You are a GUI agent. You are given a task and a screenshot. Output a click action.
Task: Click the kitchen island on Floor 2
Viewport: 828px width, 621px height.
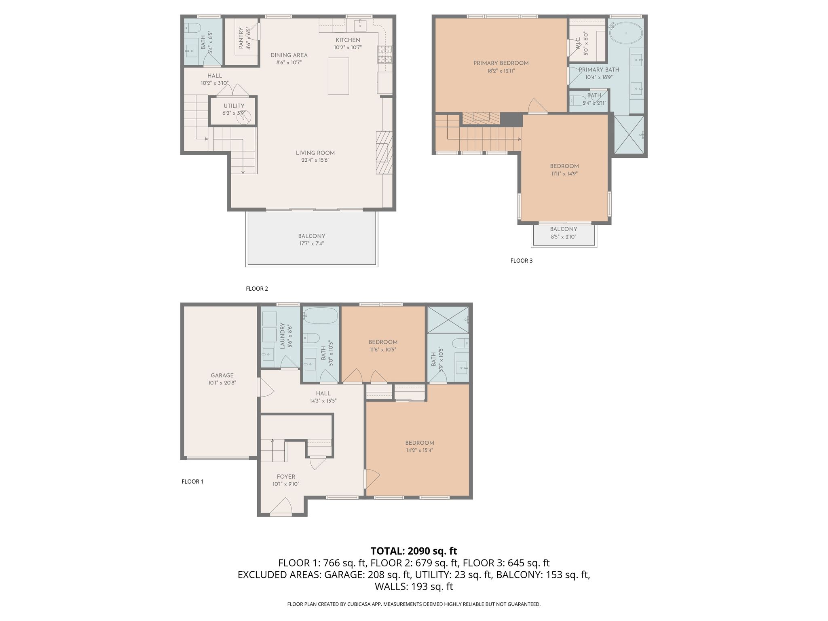pyautogui.click(x=338, y=76)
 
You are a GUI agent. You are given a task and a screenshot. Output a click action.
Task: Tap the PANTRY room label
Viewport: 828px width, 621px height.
pyautogui.click(x=241, y=38)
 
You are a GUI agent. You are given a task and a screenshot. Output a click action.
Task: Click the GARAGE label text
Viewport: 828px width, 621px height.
pyautogui.click(x=222, y=375)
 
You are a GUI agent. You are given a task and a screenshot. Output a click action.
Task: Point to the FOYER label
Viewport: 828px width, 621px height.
pyautogui.click(x=286, y=477)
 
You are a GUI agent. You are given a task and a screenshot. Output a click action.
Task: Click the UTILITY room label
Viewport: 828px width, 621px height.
pyautogui.click(x=234, y=106)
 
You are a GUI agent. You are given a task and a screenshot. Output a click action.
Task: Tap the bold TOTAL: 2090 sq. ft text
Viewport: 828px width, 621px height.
pyautogui.click(x=414, y=551)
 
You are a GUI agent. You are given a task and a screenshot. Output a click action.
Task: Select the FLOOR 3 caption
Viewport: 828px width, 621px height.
pyautogui.click(x=522, y=261)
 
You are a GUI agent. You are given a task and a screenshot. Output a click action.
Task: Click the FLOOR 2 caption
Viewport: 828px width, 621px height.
pyautogui.click(x=257, y=289)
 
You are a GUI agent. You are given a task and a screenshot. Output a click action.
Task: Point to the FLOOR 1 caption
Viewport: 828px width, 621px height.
pyautogui.click(x=192, y=482)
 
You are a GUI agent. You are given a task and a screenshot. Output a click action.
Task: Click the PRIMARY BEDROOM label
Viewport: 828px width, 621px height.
pyautogui.click(x=501, y=63)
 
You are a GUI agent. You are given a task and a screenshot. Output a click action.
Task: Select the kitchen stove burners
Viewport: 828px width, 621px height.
pyautogui.click(x=384, y=55)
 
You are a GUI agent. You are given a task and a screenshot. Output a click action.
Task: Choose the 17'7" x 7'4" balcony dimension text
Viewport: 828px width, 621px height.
pyautogui.click(x=311, y=243)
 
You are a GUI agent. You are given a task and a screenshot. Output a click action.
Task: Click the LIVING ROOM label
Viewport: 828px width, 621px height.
pyautogui.click(x=315, y=153)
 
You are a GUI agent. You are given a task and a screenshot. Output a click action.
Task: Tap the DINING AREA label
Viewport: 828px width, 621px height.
pyautogui.click(x=289, y=55)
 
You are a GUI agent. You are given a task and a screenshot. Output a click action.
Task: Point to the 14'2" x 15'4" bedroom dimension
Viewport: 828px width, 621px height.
pyautogui.click(x=420, y=450)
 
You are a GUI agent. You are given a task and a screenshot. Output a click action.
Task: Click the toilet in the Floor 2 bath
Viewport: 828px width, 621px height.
pyautogui.click(x=193, y=27)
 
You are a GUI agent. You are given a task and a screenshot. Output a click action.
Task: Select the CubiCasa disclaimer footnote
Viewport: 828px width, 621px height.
pyautogui.click(x=414, y=604)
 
